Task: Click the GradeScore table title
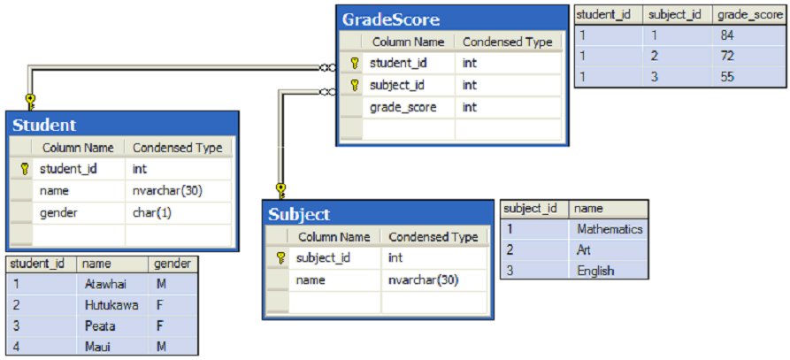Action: (391, 19)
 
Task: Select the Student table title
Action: (44, 125)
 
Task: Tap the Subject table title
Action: (299, 214)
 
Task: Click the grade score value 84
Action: (727, 35)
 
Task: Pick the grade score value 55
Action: (727, 77)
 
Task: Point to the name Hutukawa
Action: (111, 305)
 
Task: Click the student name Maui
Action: (97, 347)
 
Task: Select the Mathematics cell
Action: (610, 229)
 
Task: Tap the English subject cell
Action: (595, 271)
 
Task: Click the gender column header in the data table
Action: (173, 264)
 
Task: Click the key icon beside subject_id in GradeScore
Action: (355, 85)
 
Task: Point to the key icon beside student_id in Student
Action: (24, 169)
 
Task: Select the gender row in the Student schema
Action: (121, 213)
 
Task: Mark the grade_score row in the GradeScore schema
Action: (450, 107)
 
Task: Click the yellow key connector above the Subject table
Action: (281, 191)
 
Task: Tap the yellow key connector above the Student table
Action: (30, 101)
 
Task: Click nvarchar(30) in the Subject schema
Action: (424, 280)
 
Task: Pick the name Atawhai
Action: (105, 285)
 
